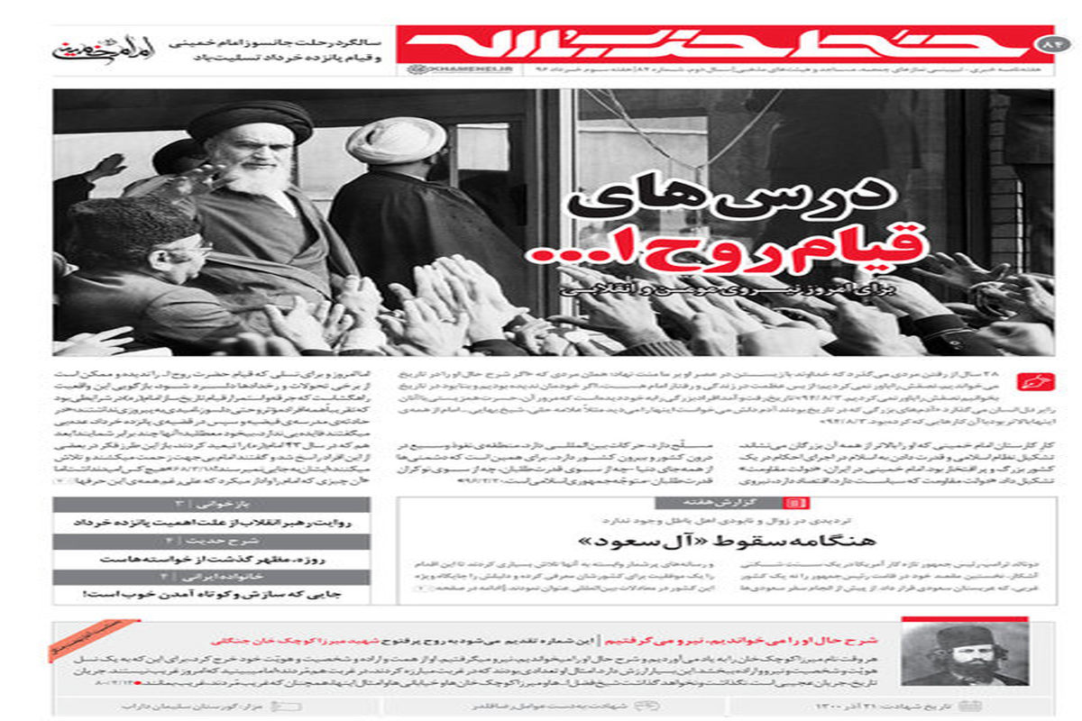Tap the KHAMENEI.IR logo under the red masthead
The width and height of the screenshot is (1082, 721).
pos(433,69)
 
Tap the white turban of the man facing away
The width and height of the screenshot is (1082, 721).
pos(396,141)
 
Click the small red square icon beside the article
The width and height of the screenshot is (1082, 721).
pos(1028,381)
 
